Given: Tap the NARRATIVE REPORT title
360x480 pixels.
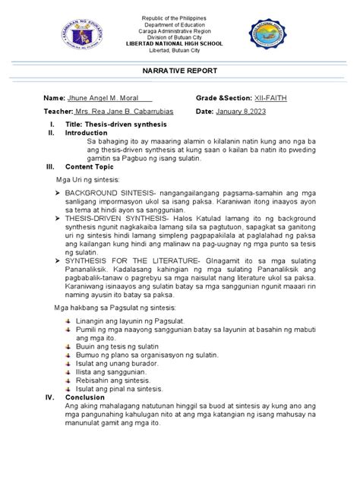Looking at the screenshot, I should pos(179,70).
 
